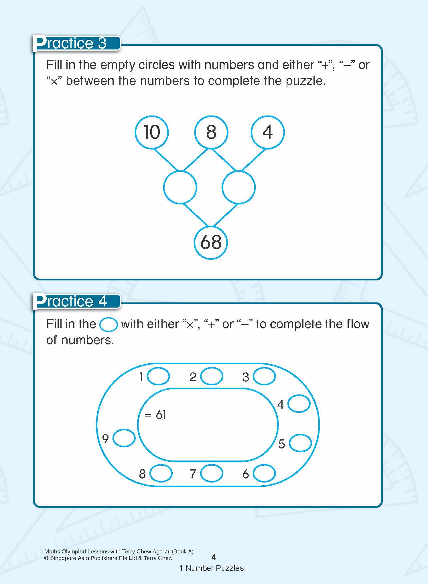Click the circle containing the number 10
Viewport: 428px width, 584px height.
(152, 132)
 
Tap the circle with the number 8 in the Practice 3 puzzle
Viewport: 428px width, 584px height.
(211, 132)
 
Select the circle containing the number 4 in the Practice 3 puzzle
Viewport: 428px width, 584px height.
(267, 132)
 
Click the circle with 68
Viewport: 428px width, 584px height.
(211, 242)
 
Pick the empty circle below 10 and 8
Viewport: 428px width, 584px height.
(180, 187)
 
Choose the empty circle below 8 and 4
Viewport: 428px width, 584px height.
(238, 187)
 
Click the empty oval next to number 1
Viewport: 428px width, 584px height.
(158, 376)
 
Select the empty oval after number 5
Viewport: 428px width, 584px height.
(300, 443)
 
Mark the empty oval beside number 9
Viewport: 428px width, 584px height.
(124, 438)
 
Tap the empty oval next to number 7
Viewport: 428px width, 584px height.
(212, 473)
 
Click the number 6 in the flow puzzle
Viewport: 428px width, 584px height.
(246, 474)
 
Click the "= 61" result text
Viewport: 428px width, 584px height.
(155, 415)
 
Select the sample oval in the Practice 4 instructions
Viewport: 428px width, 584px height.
(108, 325)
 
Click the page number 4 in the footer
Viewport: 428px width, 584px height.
(213, 557)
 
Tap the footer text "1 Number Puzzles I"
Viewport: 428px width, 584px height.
(213, 568)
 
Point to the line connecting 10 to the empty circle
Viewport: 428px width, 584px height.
(165, 160)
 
